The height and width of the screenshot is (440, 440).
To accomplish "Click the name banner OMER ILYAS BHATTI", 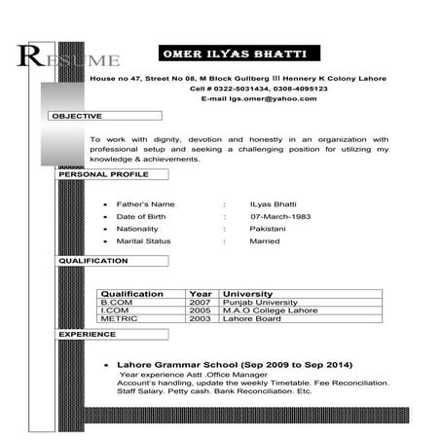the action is point(238,51).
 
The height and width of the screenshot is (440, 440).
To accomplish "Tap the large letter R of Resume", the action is point(30,56).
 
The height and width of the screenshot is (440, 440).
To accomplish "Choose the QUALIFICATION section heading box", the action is point(93,261).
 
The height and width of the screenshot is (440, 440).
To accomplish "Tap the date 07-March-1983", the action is point(279,215).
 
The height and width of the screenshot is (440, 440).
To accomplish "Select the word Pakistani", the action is point(268,228).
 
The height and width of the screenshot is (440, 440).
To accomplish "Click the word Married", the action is point(264,240).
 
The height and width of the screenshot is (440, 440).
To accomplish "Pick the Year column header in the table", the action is point(201,293).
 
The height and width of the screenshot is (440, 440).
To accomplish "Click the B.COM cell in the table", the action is point(115,302).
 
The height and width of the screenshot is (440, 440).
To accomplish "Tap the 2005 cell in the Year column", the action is point(201,310).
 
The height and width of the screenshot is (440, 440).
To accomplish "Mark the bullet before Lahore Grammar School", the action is point(105,365).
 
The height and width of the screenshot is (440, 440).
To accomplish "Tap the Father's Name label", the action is point(146,202).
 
